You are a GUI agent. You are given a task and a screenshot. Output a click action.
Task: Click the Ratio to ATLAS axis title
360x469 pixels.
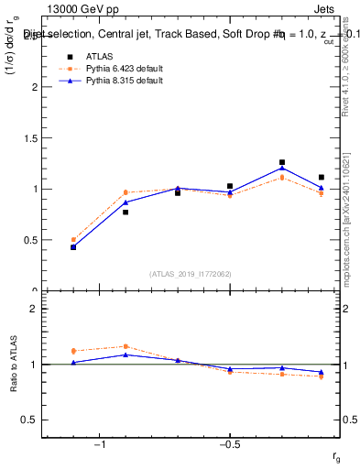click(x=15, y=365)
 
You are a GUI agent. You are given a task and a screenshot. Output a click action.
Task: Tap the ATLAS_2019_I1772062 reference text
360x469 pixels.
click(x=191, y=274)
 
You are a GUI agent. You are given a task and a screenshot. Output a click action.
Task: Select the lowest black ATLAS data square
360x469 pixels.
click(x=73, y=246)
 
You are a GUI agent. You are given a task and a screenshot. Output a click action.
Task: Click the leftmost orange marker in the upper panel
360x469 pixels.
click(x=73, y=240)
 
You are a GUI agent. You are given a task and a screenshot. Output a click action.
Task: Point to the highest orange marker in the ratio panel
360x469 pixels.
click(x=125, y=346)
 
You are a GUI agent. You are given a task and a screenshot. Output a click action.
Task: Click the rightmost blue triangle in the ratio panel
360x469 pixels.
click(x=322, y=372)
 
